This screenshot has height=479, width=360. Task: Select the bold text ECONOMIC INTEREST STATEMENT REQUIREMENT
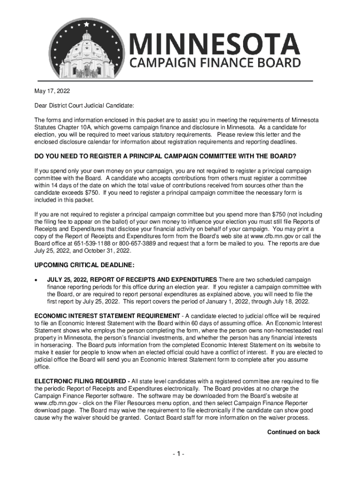click(x=107, y=316)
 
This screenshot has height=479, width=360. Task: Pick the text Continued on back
click(x=293, y=432)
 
